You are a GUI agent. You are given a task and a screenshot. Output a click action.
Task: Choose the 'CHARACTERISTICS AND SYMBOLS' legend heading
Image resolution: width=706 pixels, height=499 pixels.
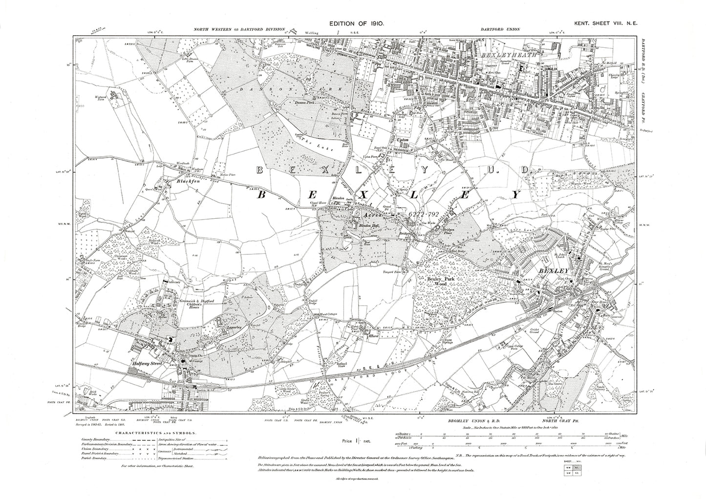(156, 433)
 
